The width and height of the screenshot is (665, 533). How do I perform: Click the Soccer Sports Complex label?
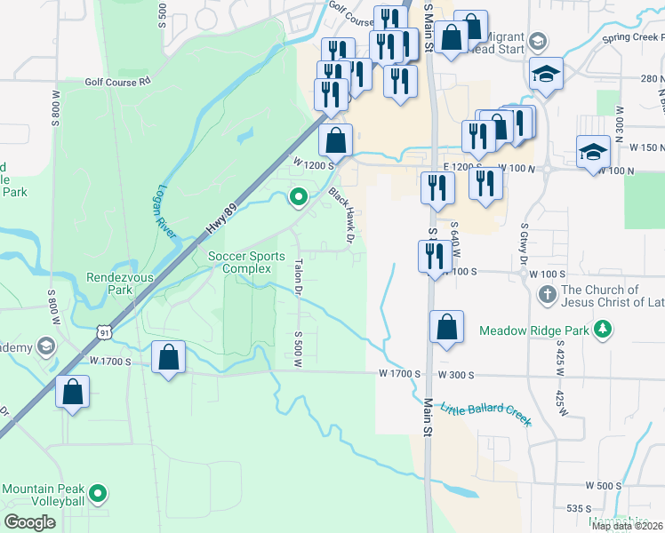tap(239, 262)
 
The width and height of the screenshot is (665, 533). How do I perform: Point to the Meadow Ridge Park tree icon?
tap(604, 330)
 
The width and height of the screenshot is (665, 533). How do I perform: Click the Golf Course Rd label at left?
tap(118, 82)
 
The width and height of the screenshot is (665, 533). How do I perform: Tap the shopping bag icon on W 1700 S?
tap(168, 358)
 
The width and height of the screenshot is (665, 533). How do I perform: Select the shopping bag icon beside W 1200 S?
tap(335, 140)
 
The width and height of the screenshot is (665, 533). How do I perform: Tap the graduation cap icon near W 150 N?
tap(593, 151)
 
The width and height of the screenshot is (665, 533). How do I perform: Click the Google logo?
tap(30, 522)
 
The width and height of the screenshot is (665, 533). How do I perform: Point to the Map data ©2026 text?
tap(627, 526)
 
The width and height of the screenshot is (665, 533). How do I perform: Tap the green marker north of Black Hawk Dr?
tap(300, 197)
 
